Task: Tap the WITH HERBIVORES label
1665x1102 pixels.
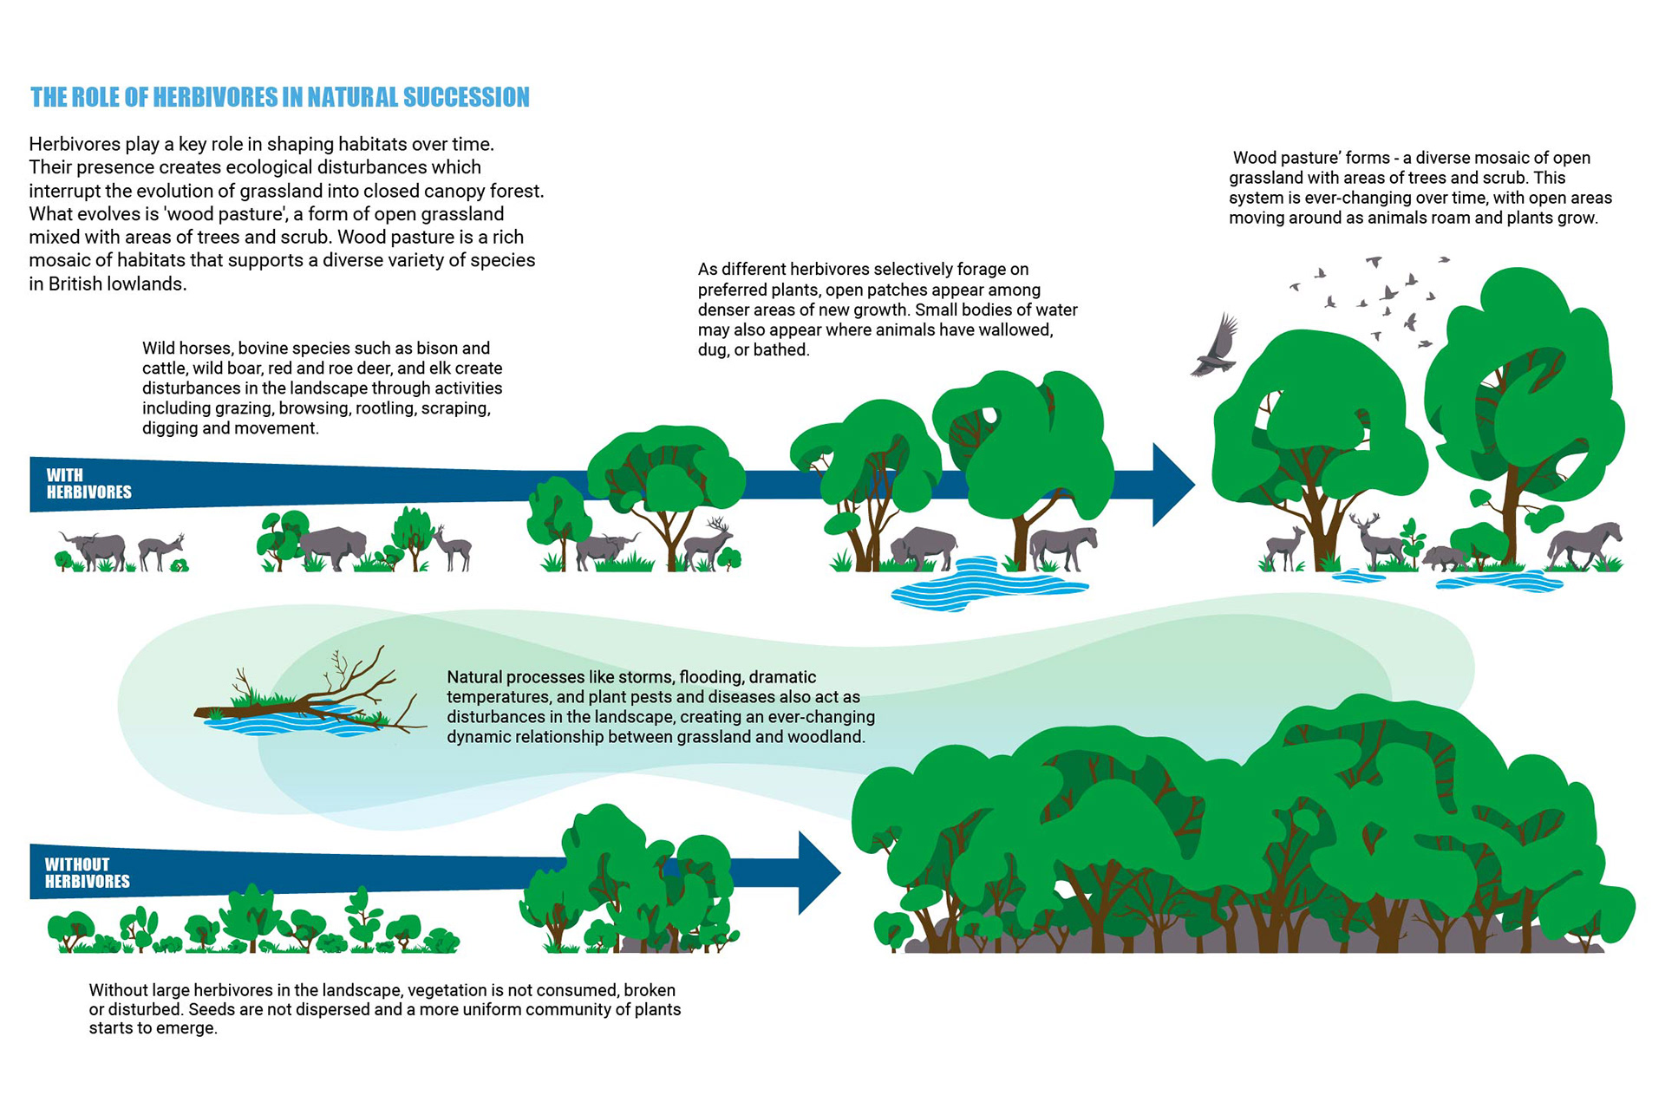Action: point(88,484)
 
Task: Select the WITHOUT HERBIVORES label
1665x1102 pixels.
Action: point(87,873)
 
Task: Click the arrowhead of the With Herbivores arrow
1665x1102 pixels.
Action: point(1172,485)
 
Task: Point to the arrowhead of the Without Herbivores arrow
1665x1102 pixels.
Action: point(818,873)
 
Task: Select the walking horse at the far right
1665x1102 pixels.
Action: point(1584,544)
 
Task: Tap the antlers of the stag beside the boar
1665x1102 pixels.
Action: point(1364,523)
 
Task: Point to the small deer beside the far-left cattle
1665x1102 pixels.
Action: point(161,551)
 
